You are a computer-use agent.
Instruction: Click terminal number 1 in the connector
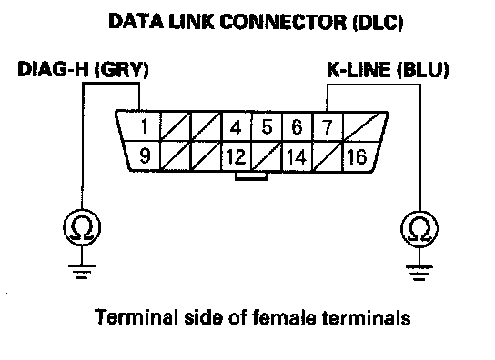tap(145, 126)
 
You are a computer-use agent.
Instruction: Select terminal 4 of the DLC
tap(236, 127)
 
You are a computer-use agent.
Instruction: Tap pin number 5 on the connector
tap(268, 127)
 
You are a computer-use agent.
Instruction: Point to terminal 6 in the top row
tap(297, 127)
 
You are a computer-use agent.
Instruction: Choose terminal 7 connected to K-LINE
tap(327, 127)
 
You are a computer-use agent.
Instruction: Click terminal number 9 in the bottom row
tap(145, 155)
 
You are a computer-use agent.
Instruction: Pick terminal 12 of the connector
tap(237, 156)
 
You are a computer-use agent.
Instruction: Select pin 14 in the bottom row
tap(297, 156)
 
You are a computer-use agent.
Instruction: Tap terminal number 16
tap(357, 156)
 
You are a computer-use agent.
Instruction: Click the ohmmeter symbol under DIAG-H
tap(82, 227)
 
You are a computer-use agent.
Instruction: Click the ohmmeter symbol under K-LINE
tap(419, 229)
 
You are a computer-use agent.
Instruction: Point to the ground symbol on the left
tap(82, 272)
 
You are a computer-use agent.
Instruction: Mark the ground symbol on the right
tap(419, 274)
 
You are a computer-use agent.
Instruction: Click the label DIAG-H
tap(53, 69)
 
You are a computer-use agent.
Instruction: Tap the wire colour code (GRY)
tap(122, 69)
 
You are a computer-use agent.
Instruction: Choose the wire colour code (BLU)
tap(423, 70)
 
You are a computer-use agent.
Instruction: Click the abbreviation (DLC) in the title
tap(378, 22)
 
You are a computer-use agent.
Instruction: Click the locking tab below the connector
tap(252, 176)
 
